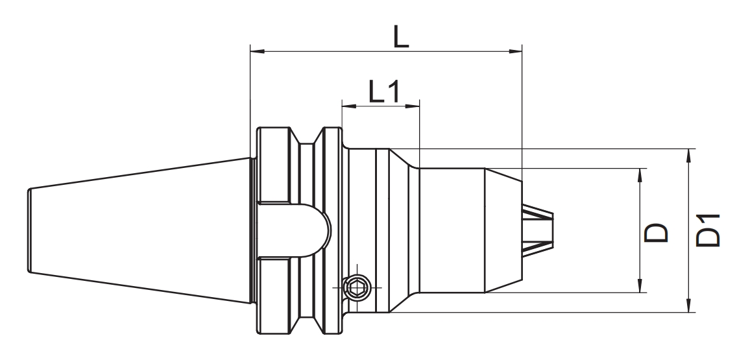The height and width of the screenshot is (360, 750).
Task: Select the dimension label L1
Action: [x=383, y=93]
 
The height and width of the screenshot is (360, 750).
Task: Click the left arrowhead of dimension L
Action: [x=255, y=49]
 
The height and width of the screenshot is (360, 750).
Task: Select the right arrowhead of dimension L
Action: [x=517, y=49]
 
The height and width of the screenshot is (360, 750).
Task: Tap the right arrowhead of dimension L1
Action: [x=415, y=105]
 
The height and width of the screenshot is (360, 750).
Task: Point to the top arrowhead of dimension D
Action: [x=641, y=173]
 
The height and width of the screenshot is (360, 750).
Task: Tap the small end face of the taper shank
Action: [x=29, y=230]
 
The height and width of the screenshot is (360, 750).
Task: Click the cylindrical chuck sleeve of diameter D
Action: [x=452, y=230]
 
